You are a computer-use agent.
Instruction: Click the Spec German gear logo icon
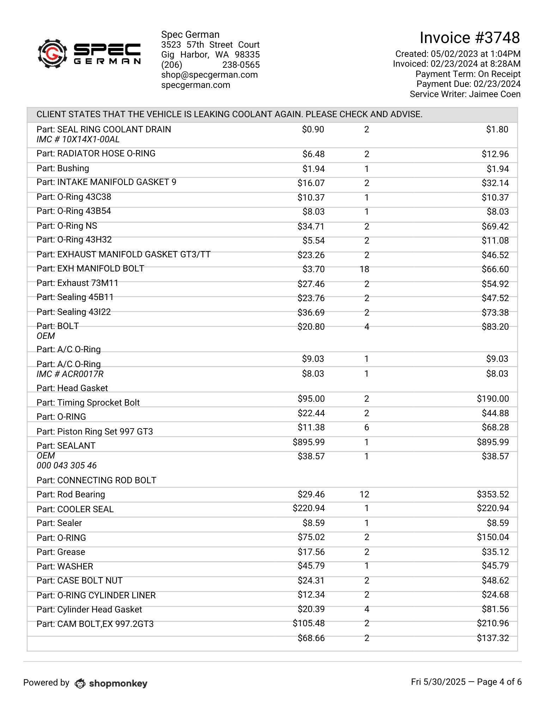[x=52, y=54]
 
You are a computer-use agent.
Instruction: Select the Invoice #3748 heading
[x=470, y=38]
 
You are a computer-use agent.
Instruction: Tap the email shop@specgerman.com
[x=209, y=75]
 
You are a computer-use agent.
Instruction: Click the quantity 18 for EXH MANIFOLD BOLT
[x=364, y=269]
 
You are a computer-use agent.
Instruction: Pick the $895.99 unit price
[x=309, y=442]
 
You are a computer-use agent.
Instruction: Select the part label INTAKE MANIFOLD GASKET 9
[x=106, y=182]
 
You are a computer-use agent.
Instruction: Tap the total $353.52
[x=492, y=494]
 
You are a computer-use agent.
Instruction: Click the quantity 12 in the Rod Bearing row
[x=364, y=494]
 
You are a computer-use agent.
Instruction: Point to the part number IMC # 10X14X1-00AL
[x=78, y=139]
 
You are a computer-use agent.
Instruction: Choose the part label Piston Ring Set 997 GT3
[x=95, y=431]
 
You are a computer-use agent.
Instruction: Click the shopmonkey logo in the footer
[x=111, y=683]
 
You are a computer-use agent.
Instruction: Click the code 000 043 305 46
[x=67, y=466]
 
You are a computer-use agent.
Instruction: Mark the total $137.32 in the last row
[x=492, y=638]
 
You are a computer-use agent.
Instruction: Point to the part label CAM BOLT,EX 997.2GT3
[x=95, y=624]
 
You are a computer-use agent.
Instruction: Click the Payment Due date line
[x=468, y=84]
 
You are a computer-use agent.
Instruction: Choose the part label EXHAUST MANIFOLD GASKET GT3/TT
[x=123, y=255]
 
